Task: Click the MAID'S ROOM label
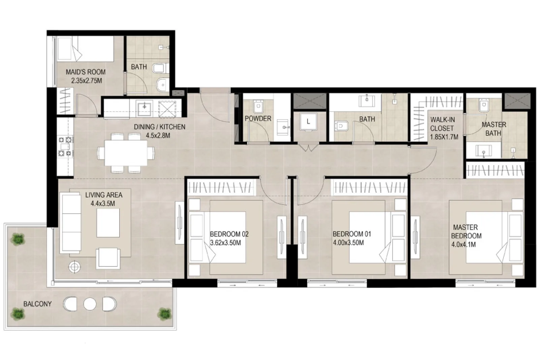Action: pyautogui.click(x=86, y=72)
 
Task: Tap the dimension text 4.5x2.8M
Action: pyautogui.click(x=158, y=136)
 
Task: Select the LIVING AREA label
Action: pyautogui.click(x=104, y=195)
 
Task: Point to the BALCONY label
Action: pyautogui.click(x=37, y=304)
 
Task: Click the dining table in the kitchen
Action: pyautogui.click(x=126, y=153)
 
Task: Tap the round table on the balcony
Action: pyautogui.click(x=90, y=304)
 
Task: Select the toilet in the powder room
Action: pyautogui.click(x=258, y=106)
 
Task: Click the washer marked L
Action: pyautogui.click(x=308, y=122)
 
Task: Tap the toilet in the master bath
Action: pyautogui.click(x=484, y=105)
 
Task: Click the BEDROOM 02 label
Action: pyautogui.click(x=229, y=234)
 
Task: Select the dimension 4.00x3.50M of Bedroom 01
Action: pyautogui.click(x=348, y=243)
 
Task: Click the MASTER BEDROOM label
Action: pyautogui.click(x=466, y=231)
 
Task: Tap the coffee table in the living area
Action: pyautogui.click(x=108, y=223)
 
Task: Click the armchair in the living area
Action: pyautogui.click(x=108, y=258)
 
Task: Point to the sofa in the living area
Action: pyautogui.click(x=70, y=223)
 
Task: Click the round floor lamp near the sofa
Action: pyautogui.click(x=74, y=267)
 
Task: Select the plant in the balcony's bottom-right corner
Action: pyautogui.click(x=165, y=314)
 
